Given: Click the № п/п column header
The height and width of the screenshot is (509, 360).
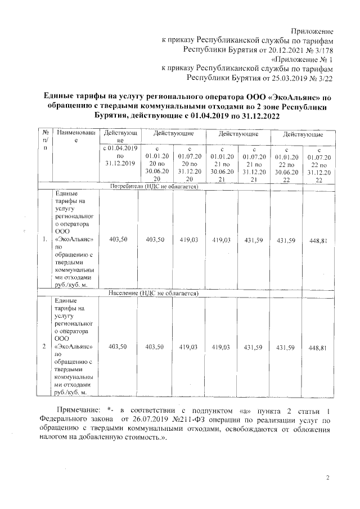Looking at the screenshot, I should (x=44, y=140).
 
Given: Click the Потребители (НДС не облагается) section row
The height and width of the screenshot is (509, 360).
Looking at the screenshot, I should (x=157, y=186).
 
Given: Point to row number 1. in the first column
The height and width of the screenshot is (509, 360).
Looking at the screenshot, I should (x=44, y=240).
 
